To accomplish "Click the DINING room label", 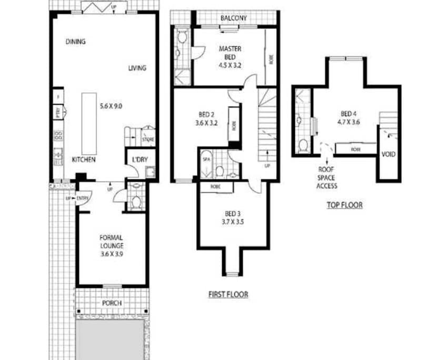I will [76, 42].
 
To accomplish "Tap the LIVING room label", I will [137, 68].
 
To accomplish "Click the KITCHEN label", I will [83, 159].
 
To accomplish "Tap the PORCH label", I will [112, 303].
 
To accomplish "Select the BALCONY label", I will [234, 18].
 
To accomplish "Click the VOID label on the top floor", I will [389, 154].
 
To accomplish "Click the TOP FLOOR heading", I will [344, 205].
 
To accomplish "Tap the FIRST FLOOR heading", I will [227, 294].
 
